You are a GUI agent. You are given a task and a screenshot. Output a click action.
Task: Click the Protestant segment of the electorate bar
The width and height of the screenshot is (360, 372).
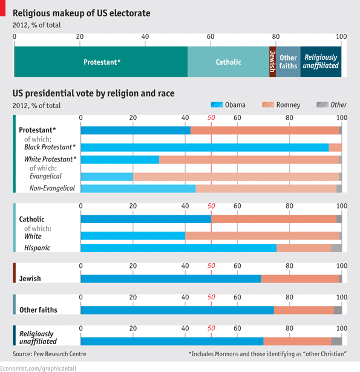pos(101,62)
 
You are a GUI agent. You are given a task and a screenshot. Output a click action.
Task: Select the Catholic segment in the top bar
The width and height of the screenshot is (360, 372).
pos(228,62)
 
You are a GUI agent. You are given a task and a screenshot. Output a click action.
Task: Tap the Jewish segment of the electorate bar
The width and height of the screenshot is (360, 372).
pos(272,62)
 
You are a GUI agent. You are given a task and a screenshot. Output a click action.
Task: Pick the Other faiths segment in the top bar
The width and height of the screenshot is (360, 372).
pos(288,62)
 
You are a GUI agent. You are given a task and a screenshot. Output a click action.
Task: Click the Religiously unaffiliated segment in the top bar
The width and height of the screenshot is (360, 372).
pos(321,62)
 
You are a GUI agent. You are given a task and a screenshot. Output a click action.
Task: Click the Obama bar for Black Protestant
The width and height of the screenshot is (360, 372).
pos(205,147)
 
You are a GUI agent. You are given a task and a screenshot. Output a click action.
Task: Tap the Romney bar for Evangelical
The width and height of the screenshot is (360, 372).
pos(236,176)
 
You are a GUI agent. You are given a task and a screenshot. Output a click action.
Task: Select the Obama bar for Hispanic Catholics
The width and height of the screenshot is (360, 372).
pos(178,247)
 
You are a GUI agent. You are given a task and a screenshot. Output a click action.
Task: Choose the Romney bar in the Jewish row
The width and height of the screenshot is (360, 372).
pos(300,278)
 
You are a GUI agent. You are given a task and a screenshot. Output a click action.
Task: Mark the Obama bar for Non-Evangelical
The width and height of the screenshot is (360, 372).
pos(138,188)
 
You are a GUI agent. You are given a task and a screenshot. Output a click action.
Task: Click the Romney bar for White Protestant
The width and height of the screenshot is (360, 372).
pos(249,159)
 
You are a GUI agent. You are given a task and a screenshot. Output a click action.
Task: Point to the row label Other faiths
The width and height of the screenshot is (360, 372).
pos(38,310)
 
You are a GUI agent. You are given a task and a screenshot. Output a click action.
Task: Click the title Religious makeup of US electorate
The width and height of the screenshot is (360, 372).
pos(82,13)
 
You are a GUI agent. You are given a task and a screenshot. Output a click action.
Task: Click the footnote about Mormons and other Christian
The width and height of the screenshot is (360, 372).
pos(267,354)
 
